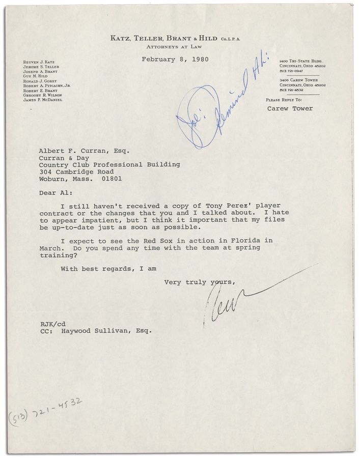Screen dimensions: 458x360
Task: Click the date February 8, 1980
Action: tap(175, 60)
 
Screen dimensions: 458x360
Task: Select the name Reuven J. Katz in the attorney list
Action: tap(38, 61)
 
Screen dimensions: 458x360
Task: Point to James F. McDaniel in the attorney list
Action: tap(44, 100)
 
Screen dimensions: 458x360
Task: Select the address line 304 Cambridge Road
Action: tap(76, 171)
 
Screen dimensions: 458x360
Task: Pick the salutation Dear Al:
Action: tap(53, 193)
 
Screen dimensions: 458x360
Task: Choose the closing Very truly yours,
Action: tap(199, 281)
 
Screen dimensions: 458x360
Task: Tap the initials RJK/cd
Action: tap(51, 323)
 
